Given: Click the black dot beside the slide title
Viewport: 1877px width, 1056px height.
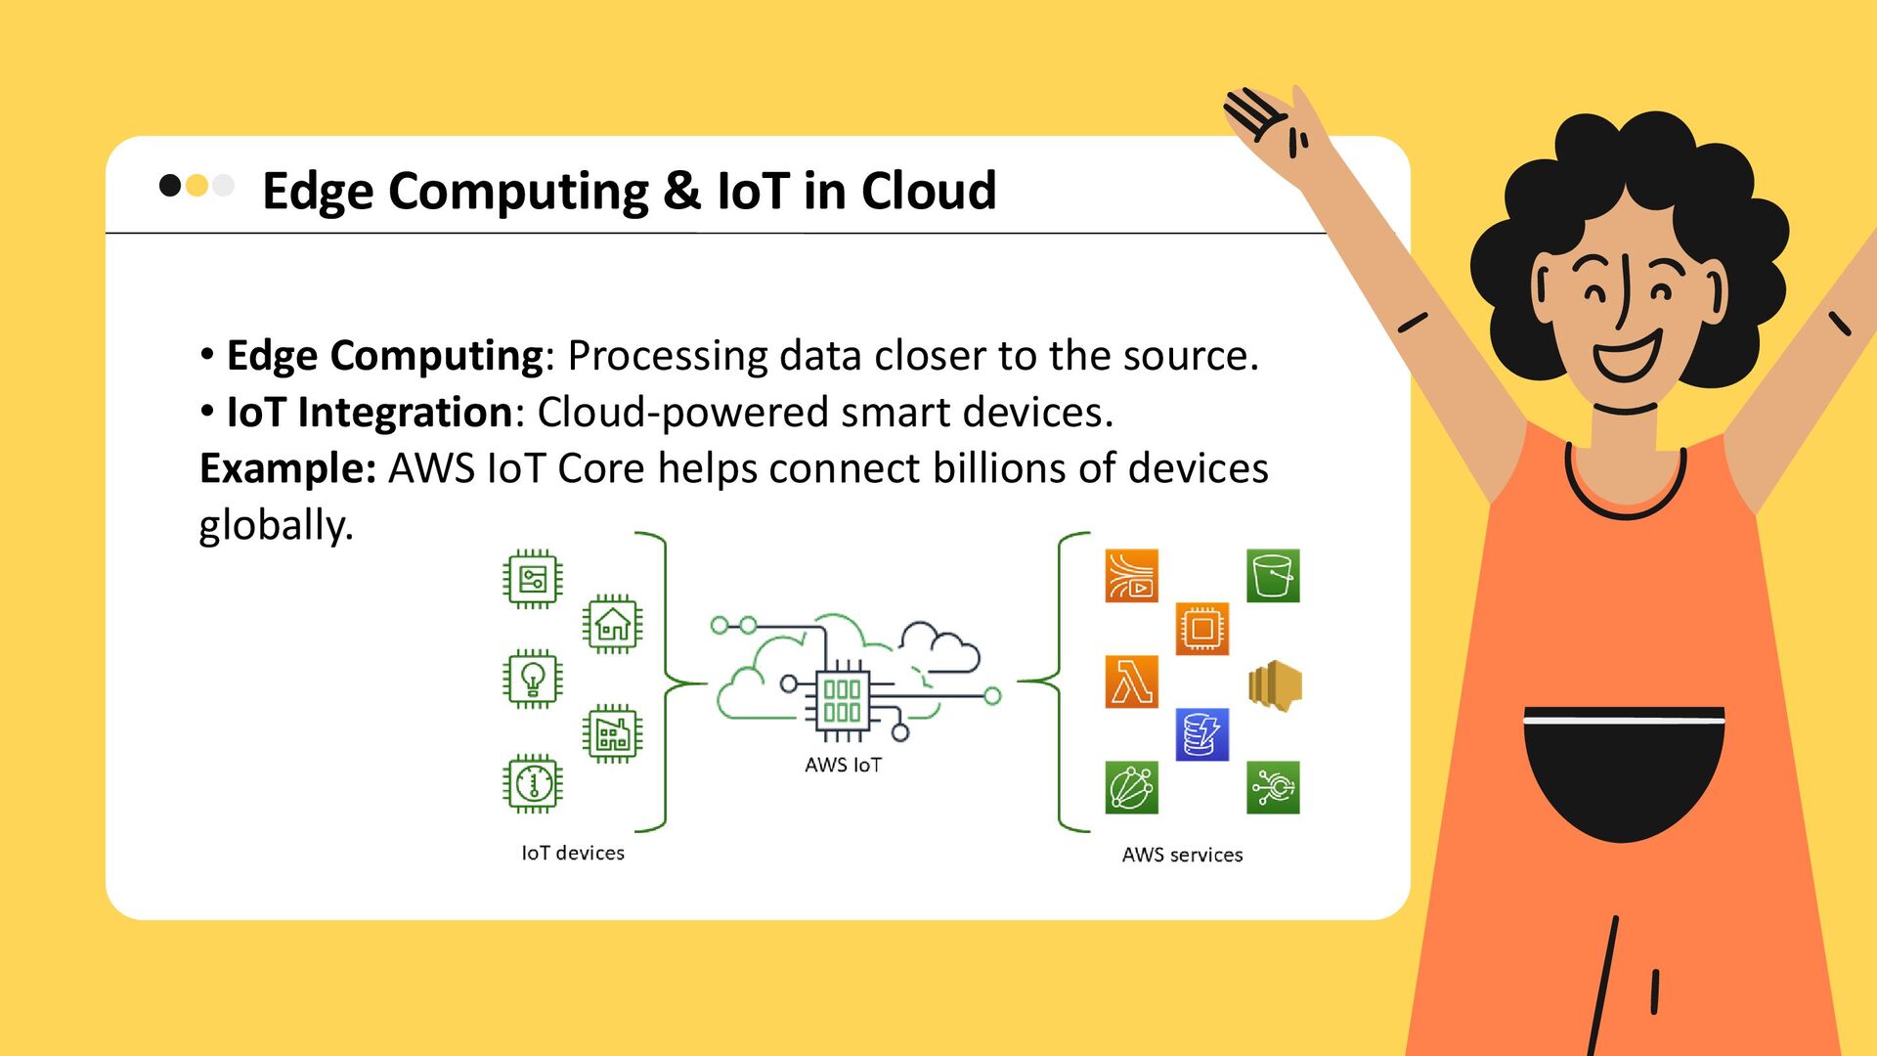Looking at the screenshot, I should (170, 185).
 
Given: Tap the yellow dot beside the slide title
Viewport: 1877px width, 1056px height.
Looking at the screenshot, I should (196, 185).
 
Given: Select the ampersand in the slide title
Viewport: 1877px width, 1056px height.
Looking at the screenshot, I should (681, 191).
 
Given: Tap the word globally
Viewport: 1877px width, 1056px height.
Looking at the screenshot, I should (275, 525).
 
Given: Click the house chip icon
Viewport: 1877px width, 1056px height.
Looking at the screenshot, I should (613, 624).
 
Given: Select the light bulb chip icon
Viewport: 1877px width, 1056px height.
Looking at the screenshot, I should (533, 678).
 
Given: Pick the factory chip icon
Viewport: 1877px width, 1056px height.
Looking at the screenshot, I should (613, 733).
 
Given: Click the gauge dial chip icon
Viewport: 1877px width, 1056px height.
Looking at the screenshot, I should (533, 783).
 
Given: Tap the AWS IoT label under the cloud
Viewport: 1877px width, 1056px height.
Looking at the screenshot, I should (843, 765).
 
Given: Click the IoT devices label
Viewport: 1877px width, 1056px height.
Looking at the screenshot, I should (573, 853).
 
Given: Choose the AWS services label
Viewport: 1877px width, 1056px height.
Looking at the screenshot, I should (1182, 855).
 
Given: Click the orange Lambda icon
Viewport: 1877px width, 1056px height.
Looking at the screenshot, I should (1131, 682).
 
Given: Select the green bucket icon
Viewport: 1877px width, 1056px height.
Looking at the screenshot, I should (1273, 576).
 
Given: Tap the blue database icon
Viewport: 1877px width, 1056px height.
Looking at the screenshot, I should (1201, 734).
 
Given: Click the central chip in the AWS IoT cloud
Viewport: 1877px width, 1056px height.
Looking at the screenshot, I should (842, 700).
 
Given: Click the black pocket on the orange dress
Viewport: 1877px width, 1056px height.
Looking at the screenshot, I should (1624, 772).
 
